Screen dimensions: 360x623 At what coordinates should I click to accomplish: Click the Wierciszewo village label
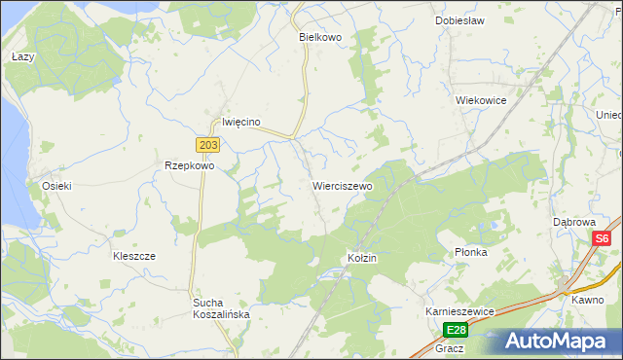pyautogui.click(x=342, y=185)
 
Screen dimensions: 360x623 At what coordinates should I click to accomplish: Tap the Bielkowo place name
pyautogui.click(x=318, y=36)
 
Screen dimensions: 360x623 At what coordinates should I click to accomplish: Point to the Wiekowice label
pyautogui.click(x=481, y=99)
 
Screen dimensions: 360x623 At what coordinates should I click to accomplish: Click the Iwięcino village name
pyautogui.click(x=240, y=122)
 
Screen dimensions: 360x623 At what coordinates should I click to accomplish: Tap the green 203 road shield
pyautogui.click(x=208, y=145)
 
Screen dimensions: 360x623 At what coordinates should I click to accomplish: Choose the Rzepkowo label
pyautogui.click(x=189, y=165)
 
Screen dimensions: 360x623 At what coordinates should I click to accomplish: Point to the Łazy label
pyautogui.click(x=22, y=57)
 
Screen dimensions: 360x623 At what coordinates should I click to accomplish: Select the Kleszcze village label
pyautogui.click(x=134, y=256)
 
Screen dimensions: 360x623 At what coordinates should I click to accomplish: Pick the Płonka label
pyautogui.click(x=470, y=252)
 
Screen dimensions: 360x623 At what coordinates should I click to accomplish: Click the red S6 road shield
pyautogui.click(x=602, y=238)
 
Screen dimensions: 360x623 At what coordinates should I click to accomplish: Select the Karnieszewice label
pyautogui.click(x=460, y=310)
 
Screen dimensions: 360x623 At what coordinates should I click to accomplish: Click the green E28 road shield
pyautogui.click(x=456, y=330)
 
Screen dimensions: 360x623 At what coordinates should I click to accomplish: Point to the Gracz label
pyautogui.click(x=450, y=347)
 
